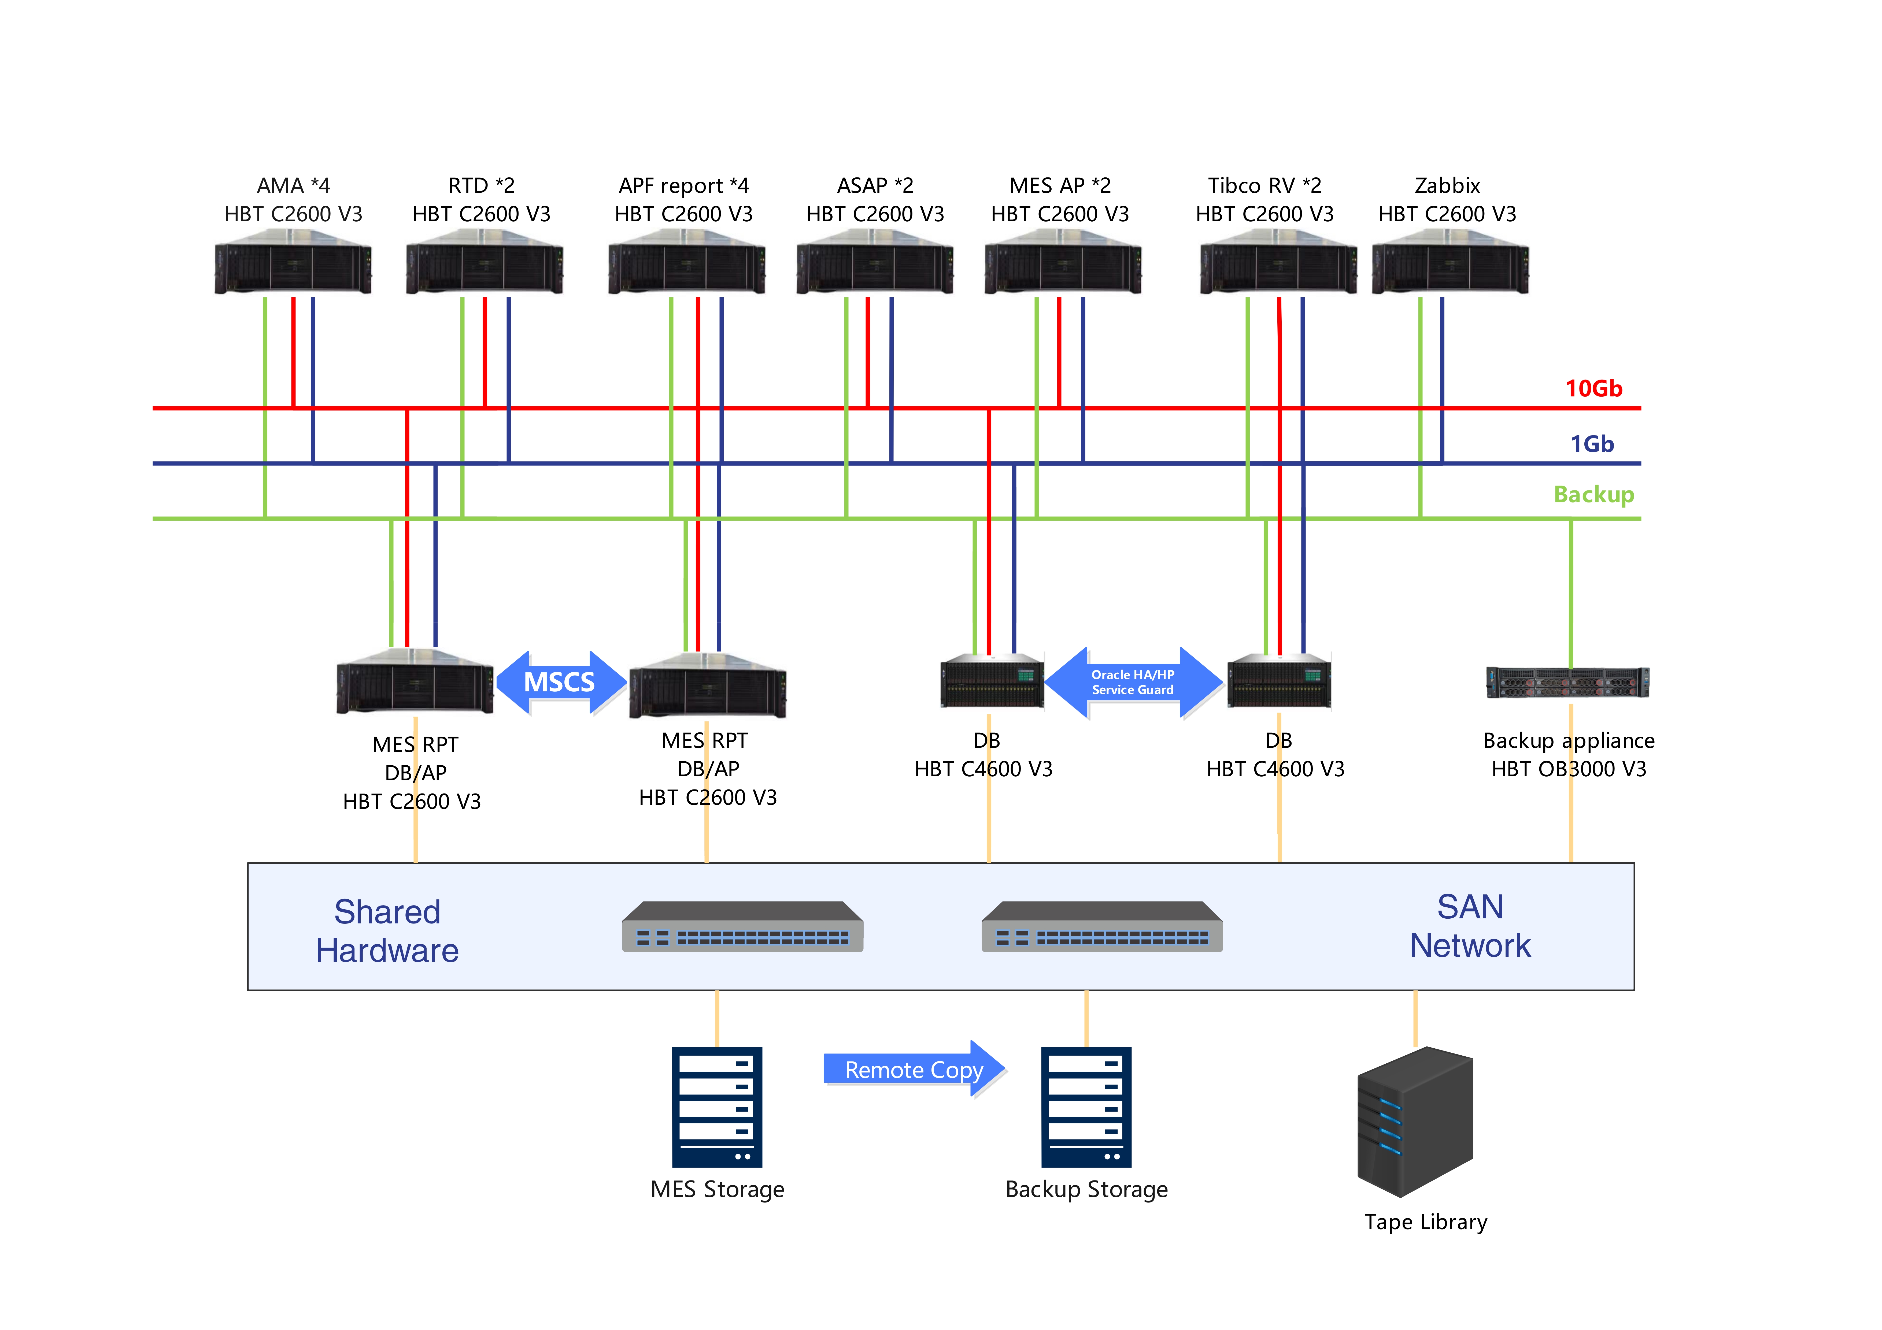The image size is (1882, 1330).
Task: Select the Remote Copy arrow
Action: pyautogui.click(x=914, y=1070)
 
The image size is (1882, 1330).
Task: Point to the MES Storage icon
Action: pyautogui.click(x=717, y=1106)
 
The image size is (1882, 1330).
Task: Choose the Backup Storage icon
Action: pyautogui.click(x=1086, y=1106)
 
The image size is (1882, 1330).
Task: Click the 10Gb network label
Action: pyautogui.click(x=1593, y=388)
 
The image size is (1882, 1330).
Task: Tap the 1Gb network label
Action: pyautogui.click(x=1592, y=444)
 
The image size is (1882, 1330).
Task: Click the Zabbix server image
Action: pyautogui.click(x=1450, y=262)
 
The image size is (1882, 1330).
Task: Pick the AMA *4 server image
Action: pyautogui.click(x=293, y=262)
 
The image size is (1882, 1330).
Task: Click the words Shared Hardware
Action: pyautogui.click(x=388, y=931)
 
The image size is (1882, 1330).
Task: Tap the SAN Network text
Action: pyautogui.click(x=1470, y=926)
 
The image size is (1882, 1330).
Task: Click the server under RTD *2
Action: pyautogui.click(x=485, y=262)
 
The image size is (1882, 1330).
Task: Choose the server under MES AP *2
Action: pyautogui.click(x=1063, y=262)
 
